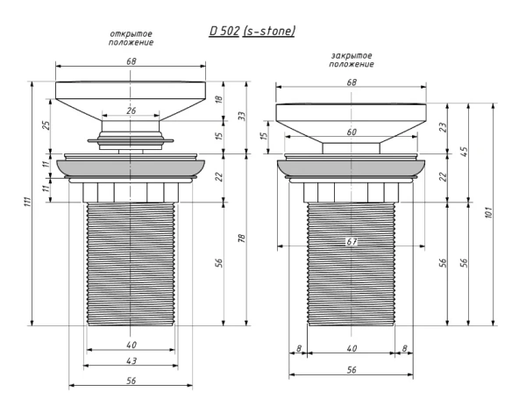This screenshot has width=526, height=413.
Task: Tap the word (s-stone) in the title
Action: (x=268, y=31)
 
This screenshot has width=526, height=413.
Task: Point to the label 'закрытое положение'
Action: (x=352, y=61)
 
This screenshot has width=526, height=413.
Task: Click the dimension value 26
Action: (x=131, y=111)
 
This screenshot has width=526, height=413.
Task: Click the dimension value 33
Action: (x=242, y=116)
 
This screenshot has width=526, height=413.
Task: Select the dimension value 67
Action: (x=352, y=240)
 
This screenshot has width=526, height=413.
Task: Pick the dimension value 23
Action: (x=444, y=126)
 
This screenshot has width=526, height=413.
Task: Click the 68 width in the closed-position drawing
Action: (x=352, y=82)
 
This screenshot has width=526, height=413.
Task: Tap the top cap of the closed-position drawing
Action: (x=352, y=112)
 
